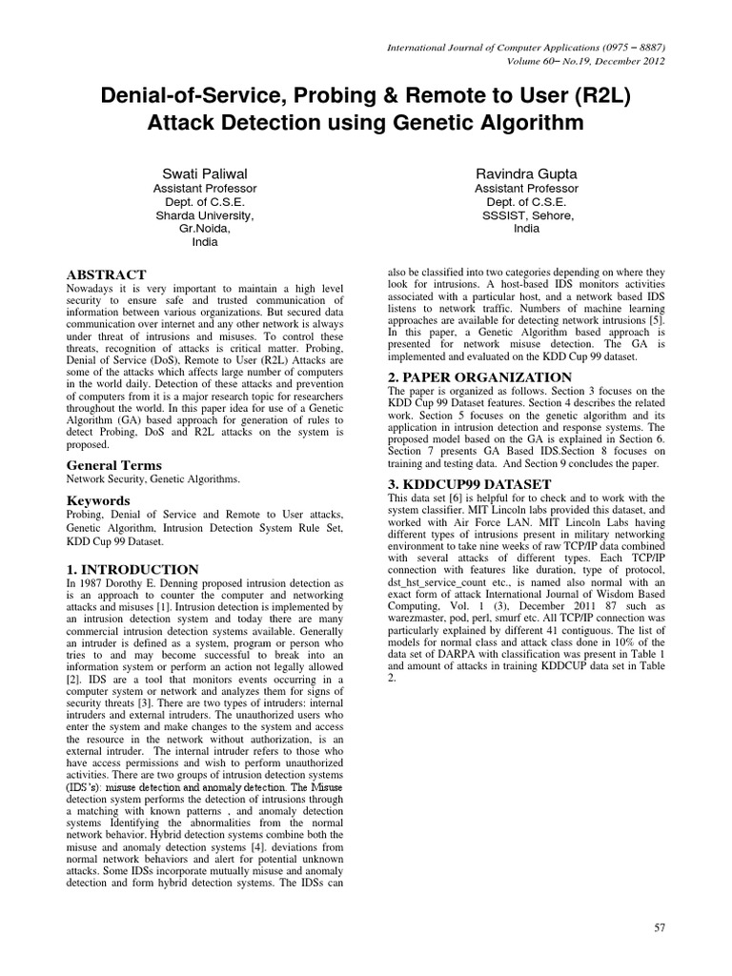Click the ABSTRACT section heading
(106, 274)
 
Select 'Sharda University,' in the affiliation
(205, 215)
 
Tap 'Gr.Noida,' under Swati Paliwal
(205, 229)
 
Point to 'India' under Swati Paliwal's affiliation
(205, 242)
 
